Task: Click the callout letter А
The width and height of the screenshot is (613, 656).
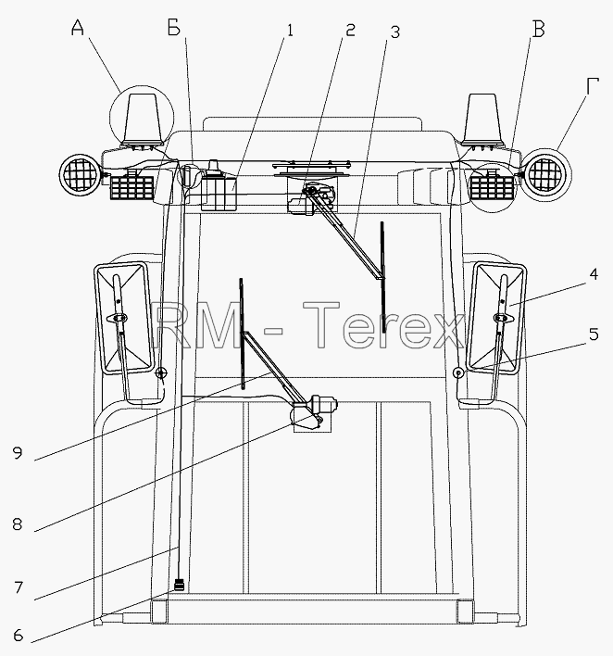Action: click(x=78, y=28)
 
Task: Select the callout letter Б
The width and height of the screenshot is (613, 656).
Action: click(x=173, y=29)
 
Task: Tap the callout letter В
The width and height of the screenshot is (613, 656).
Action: click(x=539, y=30)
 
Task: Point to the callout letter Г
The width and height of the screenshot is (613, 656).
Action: click(x=592, y=86)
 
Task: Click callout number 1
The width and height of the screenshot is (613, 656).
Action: click(x=289, y=31)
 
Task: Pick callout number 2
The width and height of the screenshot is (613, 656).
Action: click(x=349, y=30)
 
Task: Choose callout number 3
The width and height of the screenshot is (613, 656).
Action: click(x=395, y=32)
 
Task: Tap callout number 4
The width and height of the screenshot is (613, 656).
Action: click(x=594, y=274)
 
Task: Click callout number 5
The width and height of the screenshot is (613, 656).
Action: click(x=594, y=334)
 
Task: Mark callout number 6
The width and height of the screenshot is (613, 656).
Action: click(x=18, y=636)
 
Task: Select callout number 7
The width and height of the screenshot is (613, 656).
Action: click(x=18, y=587)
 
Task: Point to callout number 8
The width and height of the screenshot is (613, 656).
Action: click(x=18, y=524)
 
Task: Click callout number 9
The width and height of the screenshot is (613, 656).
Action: click(x=18, y=453)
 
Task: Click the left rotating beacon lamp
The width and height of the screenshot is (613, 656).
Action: click(x=142, y=120)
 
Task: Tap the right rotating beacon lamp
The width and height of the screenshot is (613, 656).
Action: click(x=482, y=120)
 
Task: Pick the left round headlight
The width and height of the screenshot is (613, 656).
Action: click(x=79, y=173)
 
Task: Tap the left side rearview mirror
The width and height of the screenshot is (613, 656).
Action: click(x=122, y=318)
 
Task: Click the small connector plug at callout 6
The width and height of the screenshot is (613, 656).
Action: click(x=180, y=584)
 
